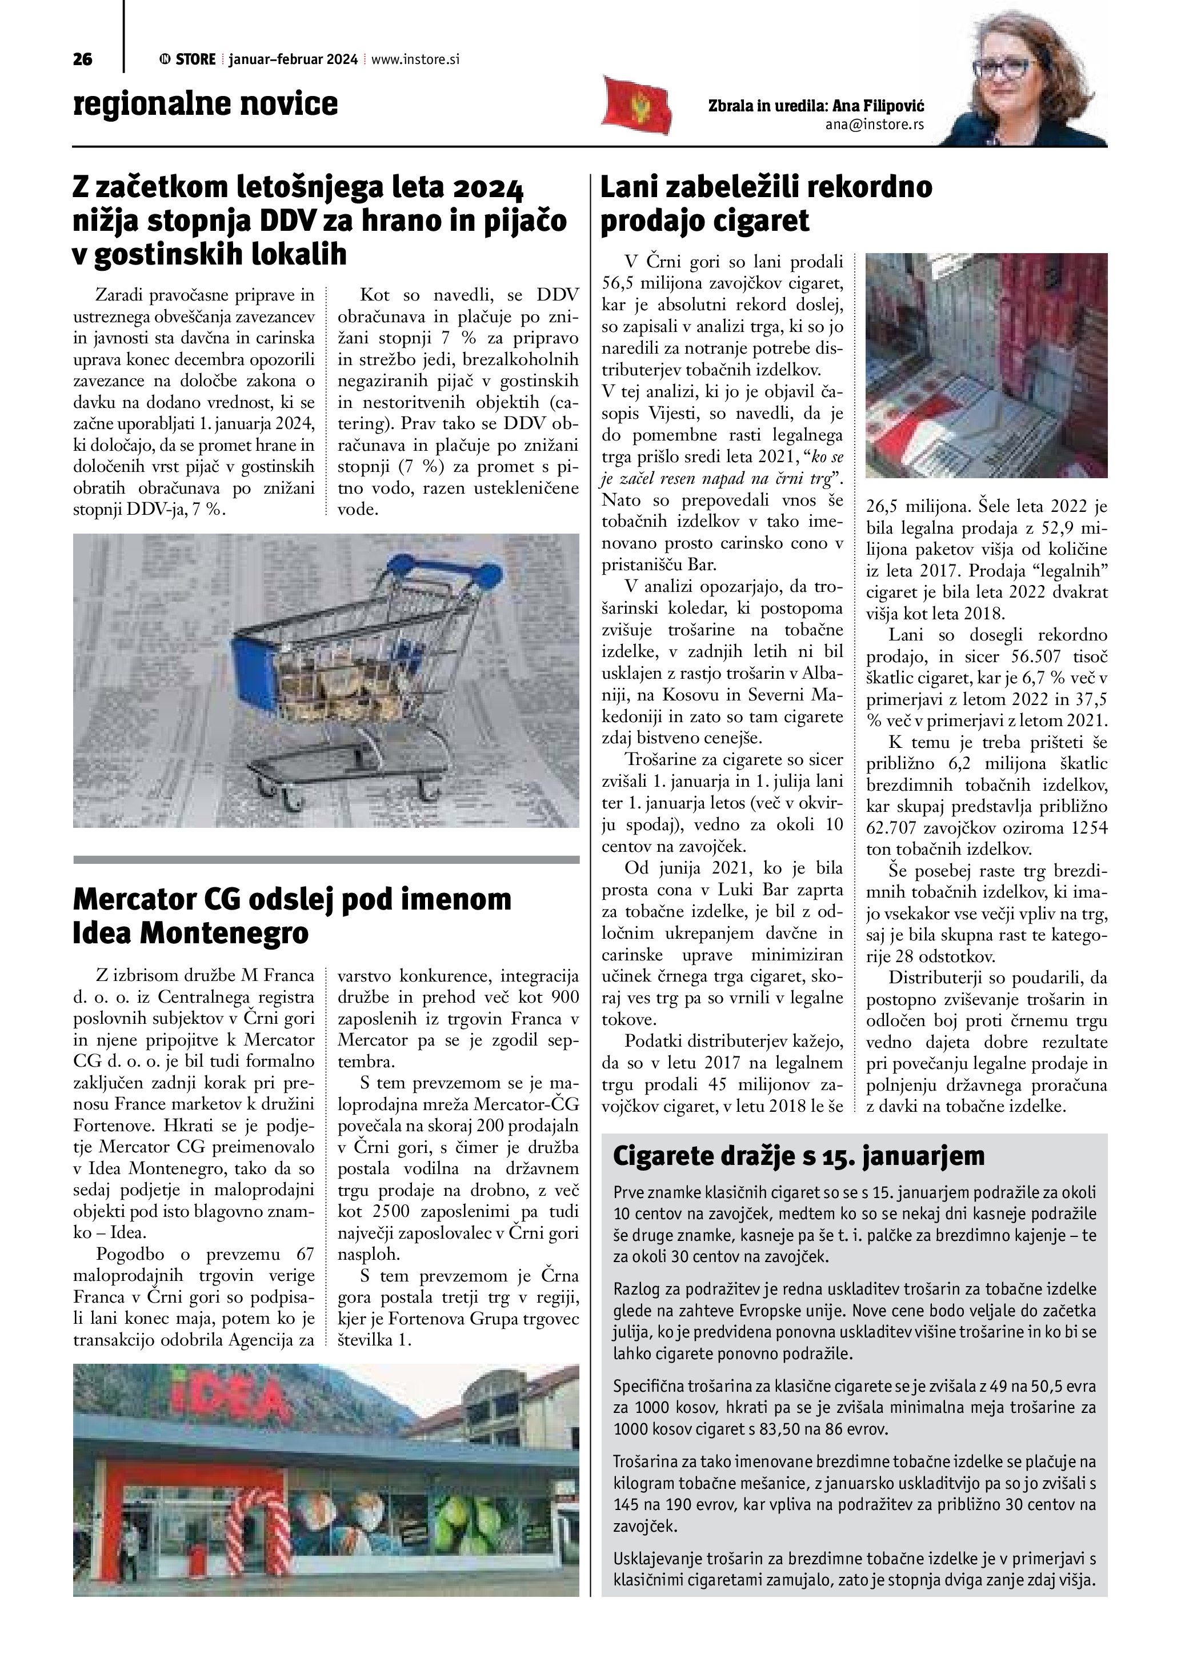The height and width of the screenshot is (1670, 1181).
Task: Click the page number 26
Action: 83,59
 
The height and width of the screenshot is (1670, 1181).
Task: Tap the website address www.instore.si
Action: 415,59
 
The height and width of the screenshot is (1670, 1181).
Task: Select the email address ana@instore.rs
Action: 874,125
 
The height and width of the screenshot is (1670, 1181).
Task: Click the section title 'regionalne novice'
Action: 206,104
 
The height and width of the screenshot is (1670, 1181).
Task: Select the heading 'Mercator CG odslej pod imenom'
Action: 291,900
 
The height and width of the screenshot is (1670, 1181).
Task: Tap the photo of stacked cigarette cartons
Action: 986,365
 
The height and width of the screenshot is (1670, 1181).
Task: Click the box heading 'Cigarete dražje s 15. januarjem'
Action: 799,1155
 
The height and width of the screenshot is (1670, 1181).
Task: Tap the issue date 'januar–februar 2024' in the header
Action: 293,59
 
